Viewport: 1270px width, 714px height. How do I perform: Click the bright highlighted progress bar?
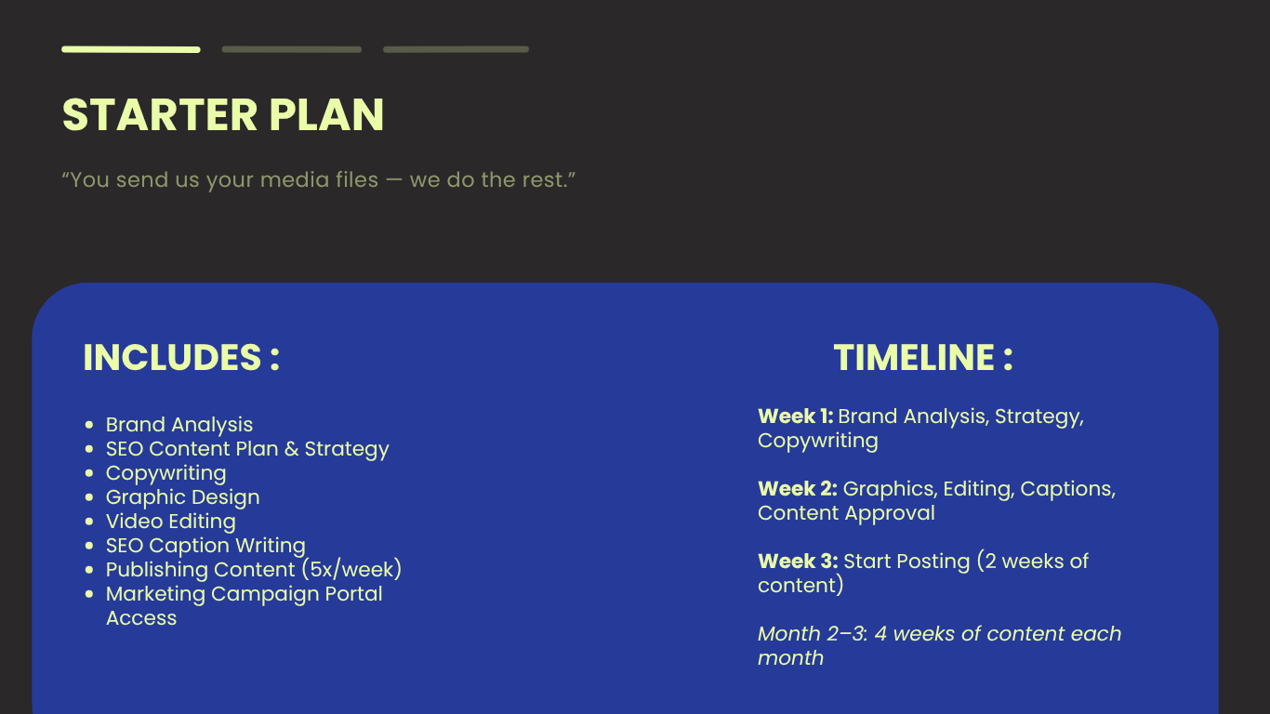[131, 50]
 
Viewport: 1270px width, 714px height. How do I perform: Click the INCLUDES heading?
[181, 358]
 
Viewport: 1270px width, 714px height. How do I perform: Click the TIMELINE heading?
[923, 358]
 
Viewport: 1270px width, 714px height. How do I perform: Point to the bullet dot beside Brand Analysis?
[89, 425]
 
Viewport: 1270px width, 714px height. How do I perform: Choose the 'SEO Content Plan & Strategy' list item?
[247, 449]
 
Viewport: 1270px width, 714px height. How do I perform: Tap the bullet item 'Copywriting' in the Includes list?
[166, 473]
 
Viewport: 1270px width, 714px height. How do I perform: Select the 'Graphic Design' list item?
[182, 497]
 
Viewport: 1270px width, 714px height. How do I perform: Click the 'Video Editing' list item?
[171, 522]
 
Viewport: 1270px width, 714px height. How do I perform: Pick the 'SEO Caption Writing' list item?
[205, 546]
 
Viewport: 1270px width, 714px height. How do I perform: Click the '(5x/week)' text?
[351, 569]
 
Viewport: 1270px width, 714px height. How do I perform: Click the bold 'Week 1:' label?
[796, 416]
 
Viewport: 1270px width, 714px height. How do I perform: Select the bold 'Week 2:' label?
[798, 489]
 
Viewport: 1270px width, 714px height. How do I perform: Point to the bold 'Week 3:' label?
[798, 562]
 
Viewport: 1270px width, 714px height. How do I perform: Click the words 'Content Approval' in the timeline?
[846, 513]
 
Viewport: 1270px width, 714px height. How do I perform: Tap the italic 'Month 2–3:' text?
[813, 634]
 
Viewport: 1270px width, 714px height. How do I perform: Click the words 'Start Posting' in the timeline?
[906, 562]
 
